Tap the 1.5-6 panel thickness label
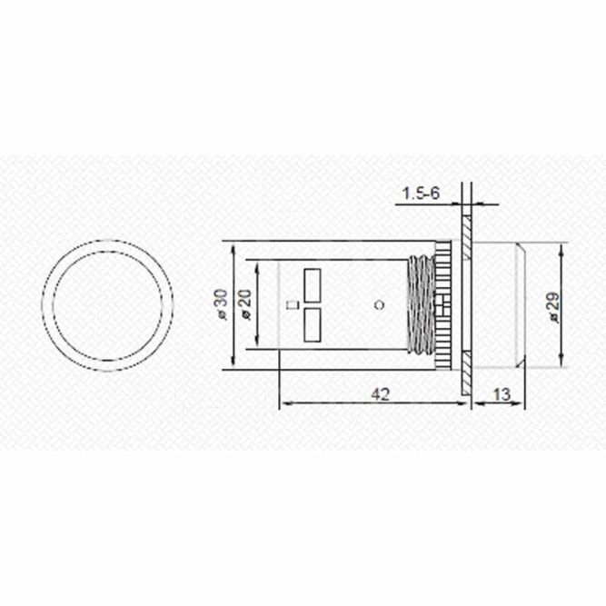(421, 194)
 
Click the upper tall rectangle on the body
(312, 283)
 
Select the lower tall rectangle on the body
(312, 324)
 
